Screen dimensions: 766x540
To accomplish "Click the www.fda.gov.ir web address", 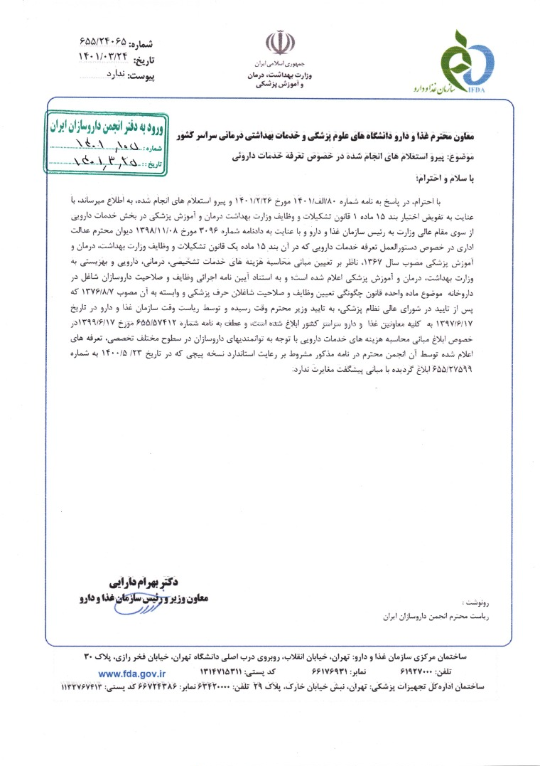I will click(132, 673).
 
